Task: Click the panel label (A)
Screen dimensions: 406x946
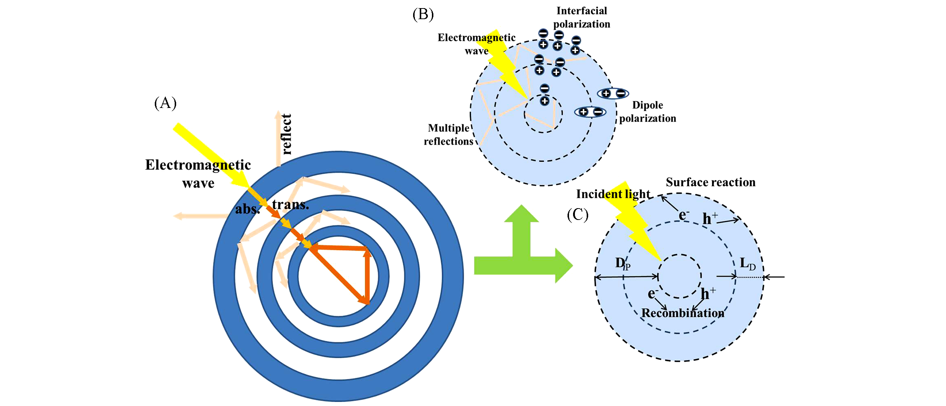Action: point(165,103)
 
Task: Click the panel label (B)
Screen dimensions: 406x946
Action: point(423,15)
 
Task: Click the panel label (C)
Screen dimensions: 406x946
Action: point(577,214)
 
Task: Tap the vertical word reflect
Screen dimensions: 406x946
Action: point(286,134)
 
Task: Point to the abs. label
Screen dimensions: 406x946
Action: point(247,209)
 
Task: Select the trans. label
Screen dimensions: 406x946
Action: point(290,204)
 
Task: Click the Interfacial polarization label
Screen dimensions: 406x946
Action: point(582,17)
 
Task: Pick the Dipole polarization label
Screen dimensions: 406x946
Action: point(647,112)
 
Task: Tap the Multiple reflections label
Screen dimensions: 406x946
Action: point(448,134)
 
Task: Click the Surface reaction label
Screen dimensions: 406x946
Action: point(711,182)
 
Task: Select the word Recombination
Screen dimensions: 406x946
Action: point(683,313)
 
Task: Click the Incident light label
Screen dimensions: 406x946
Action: point(613,194)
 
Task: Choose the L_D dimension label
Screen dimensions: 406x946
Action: point(748,264)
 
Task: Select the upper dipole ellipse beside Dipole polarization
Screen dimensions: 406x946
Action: point(613,94)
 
